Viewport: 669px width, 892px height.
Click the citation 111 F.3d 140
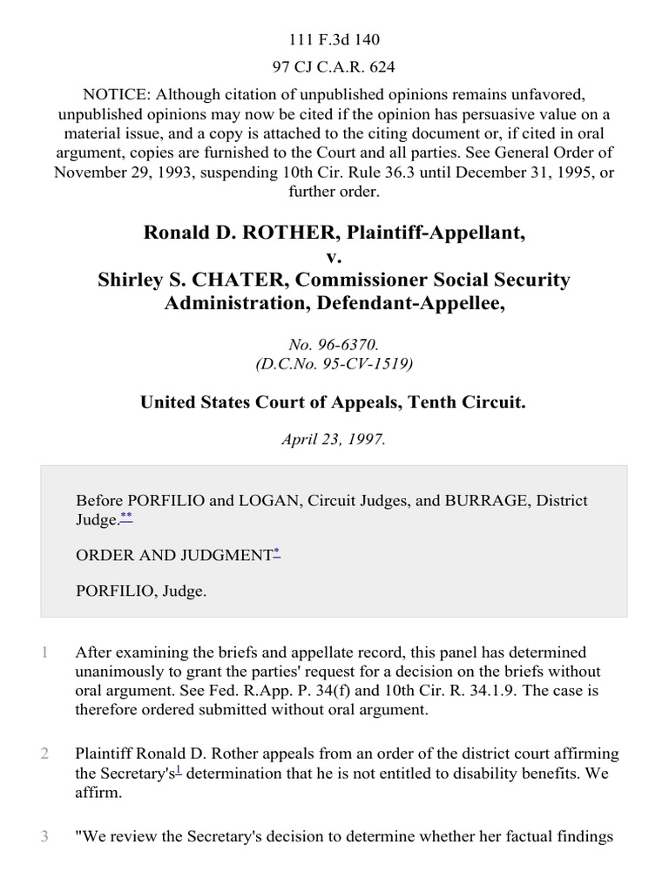coord(334,39)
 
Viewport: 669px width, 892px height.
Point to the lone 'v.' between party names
coord(334,257)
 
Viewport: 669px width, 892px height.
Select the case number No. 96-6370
coord(334,345)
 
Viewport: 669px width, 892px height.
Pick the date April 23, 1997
coord(334,440)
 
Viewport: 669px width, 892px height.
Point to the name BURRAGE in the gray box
coord(487,501)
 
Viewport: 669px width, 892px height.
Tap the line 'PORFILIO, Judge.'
coord(141,591)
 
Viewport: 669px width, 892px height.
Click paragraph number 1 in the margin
coord(44,652)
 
